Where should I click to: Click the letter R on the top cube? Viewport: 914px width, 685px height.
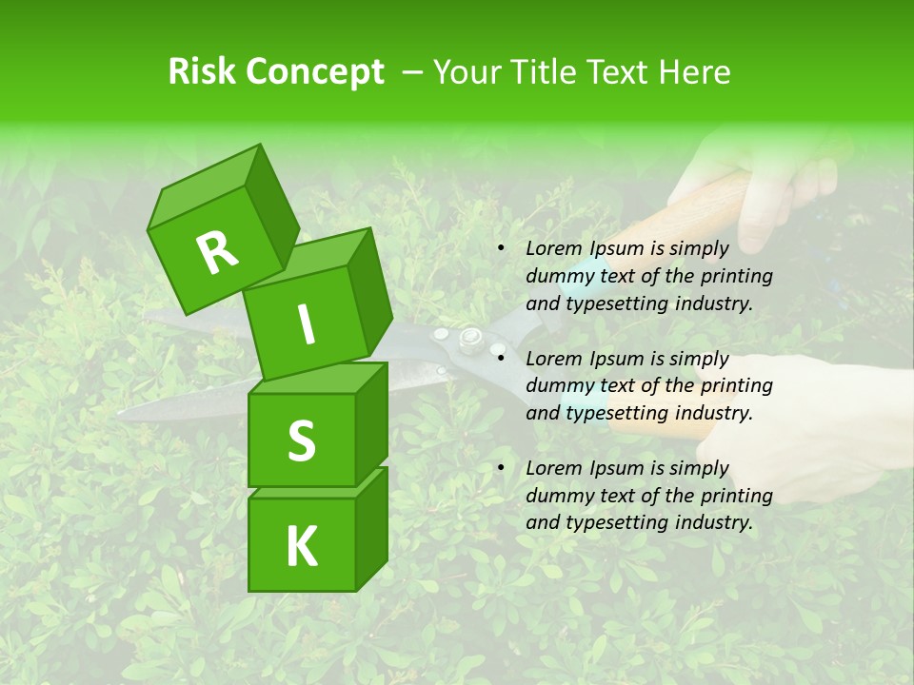(x=217, y=253)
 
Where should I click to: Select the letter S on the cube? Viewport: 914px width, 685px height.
(x=302, y=440)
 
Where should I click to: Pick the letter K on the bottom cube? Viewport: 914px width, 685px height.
(x=302, y=547)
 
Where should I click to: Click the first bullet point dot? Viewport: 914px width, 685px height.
(x=501, y=248)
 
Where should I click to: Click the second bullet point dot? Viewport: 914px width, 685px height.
(x=501, y=359)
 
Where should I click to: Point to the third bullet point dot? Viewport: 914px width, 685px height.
(x=501, y=468)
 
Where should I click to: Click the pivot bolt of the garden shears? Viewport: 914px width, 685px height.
(x=469, y=336)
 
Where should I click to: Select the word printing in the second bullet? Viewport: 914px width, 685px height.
(x=736, y=385)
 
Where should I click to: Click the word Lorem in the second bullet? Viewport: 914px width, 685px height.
(x=555, y=359)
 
